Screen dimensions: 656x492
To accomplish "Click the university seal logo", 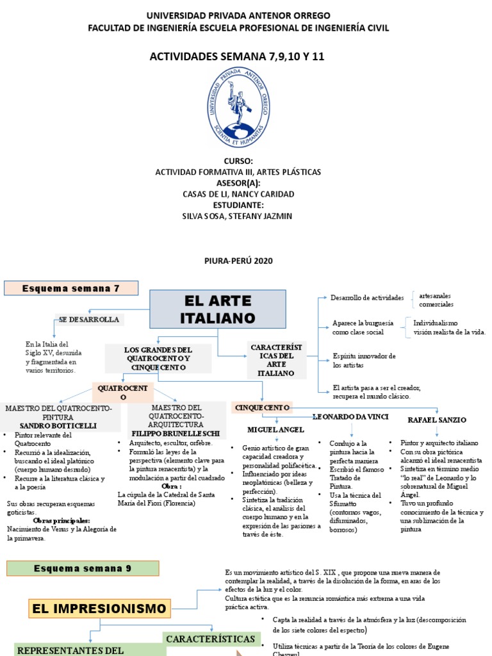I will tap(238, 108).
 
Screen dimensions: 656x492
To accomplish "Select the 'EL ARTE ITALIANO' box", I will tap(218, 309).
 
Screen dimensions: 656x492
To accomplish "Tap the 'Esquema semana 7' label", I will tap(71, 288).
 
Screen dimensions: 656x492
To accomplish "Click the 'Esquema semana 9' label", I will tap(83, 568).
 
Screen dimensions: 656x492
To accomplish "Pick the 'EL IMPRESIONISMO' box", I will tap(99, 608).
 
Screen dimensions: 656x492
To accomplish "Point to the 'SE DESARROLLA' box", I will tap(89, 319).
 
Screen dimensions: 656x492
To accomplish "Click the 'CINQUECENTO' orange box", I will tap(263, 407).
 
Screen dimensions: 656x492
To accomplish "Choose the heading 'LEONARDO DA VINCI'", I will tap(350, 417).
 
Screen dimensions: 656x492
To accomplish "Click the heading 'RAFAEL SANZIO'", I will tap(437, 420).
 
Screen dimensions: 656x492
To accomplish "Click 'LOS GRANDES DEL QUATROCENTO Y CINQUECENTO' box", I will tap(158, 359).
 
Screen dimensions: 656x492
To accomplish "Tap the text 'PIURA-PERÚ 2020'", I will tap(238, 261).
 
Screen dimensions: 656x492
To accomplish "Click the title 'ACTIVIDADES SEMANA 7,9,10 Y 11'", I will tap(238, 56).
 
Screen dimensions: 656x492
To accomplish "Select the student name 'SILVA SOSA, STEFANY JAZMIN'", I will tap(238, 216).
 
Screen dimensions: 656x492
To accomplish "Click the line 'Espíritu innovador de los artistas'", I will tap(364, 360).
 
